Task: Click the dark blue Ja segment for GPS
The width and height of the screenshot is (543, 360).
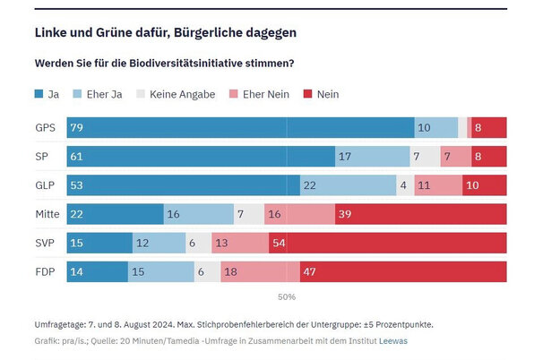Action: coord(240,127)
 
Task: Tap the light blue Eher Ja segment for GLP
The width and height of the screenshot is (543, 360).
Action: coord(348,185)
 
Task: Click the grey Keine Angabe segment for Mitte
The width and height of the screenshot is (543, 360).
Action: coord(249,214)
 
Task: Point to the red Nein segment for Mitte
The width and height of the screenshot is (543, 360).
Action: coord(420,214)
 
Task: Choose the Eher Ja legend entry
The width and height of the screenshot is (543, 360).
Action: coord(103,94)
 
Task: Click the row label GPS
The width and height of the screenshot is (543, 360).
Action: coord(45,127)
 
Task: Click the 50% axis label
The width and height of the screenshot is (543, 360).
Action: coord(287,296)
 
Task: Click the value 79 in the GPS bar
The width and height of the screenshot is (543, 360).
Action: coord(76,127)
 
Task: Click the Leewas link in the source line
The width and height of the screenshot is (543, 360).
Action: coord(392,341)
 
